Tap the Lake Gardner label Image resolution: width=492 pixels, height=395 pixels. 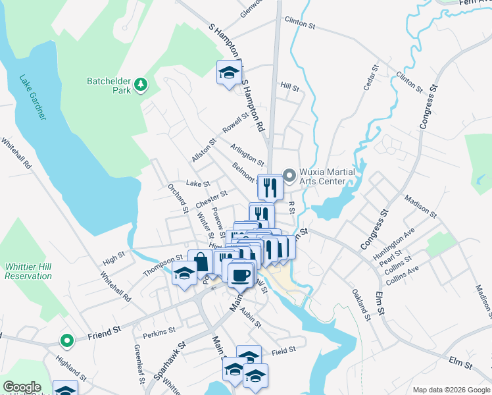(33, 96)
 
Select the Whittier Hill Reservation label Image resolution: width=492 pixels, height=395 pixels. (28, 271)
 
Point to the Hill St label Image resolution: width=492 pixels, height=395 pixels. (289, 86)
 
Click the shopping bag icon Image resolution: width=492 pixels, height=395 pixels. (200, 262)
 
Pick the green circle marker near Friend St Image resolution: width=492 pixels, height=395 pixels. (66, 340)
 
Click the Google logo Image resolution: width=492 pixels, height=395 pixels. (22, 387)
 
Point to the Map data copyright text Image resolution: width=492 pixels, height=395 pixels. (450, 390)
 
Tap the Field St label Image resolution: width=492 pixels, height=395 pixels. (284, 352)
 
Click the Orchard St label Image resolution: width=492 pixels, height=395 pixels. (178, 198)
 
